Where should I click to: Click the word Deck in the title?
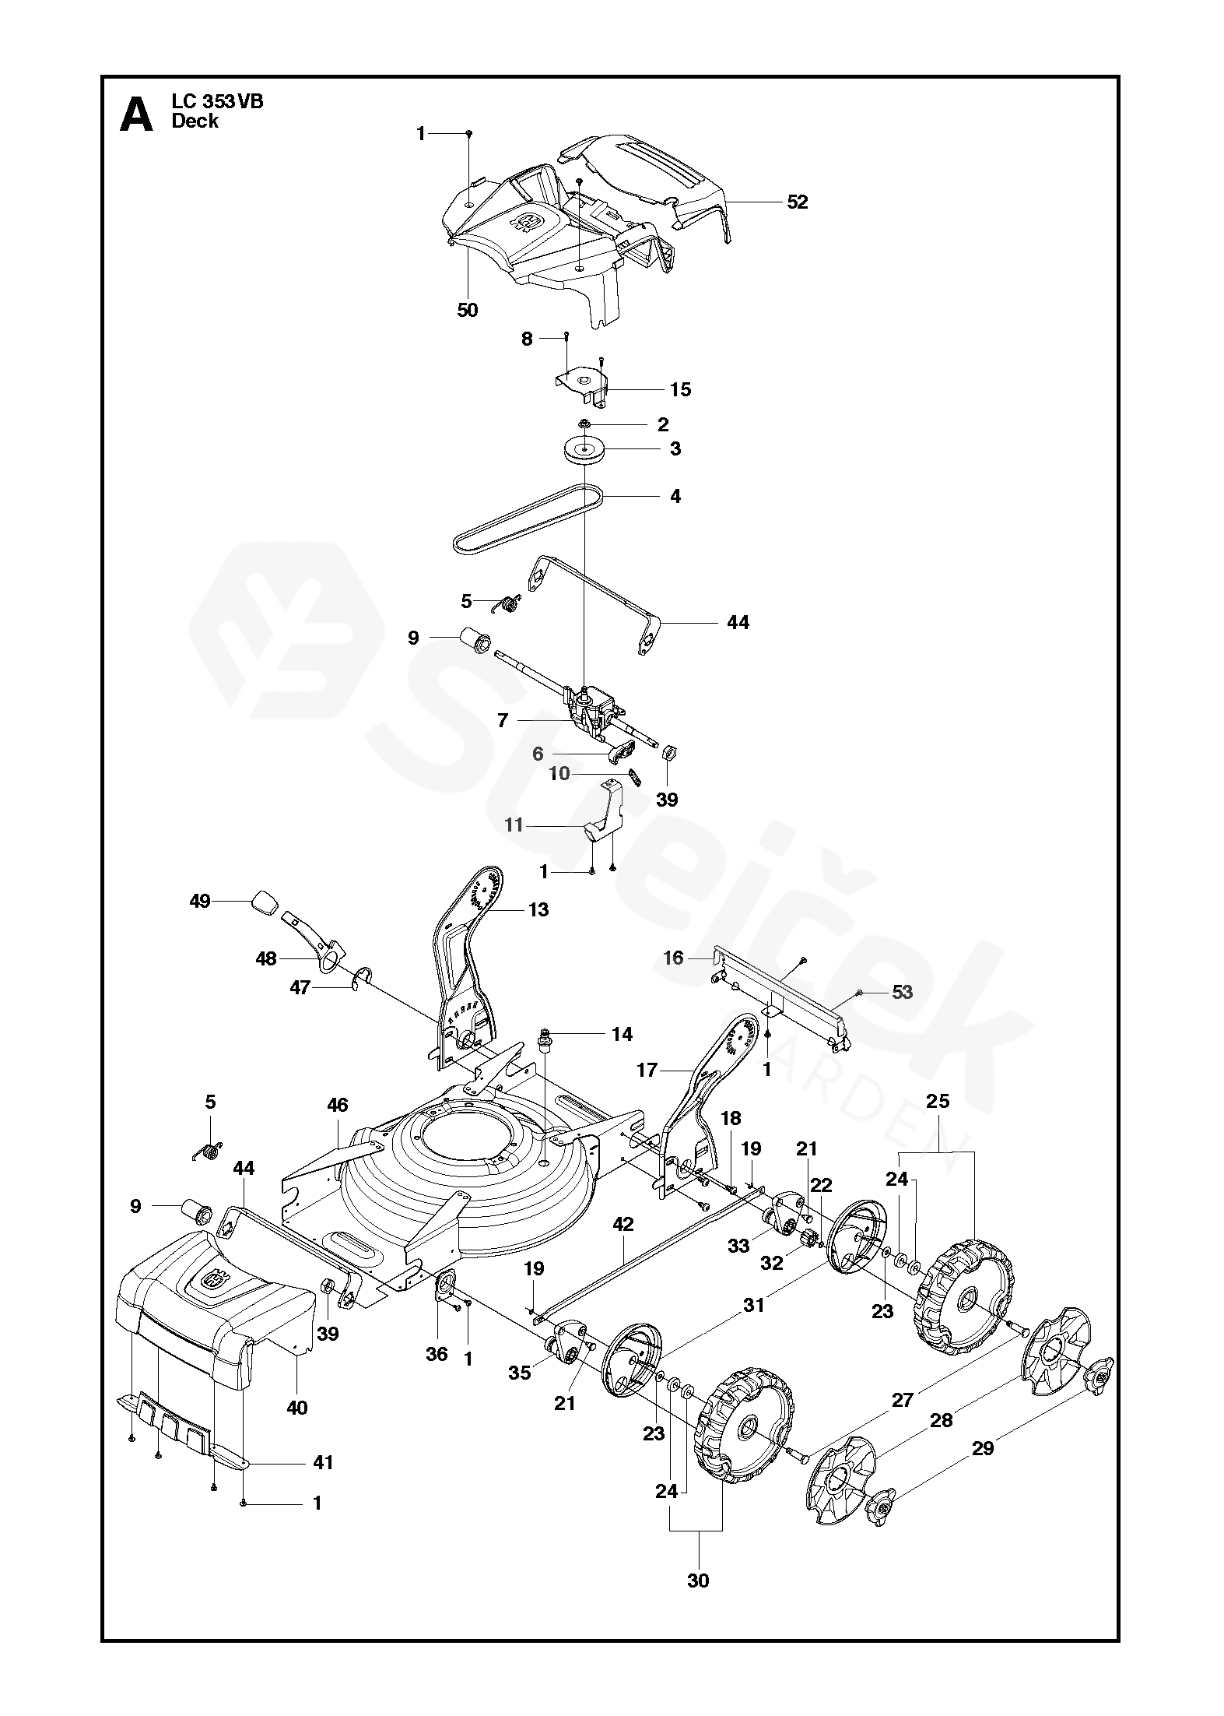pyautogui.click(x=195, y=121)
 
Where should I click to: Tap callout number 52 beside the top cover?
pyautogui.click(x=798, y=202)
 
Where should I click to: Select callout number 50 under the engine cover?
pyautogui.click(x=467, y=310)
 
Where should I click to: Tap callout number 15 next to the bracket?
pyautogui.click(x=680, y=389)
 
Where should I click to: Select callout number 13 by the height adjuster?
pyautogui.click(x=538, y=909)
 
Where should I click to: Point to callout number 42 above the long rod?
pyautogui.click(x=623, y=1225)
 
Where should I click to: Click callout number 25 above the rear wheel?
pyautogui.click(x=938, y=1102)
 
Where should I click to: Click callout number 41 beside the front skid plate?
pyautogui.click(x=322, y=1463)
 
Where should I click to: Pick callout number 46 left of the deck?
pyautogui.click(x=337, y=1105)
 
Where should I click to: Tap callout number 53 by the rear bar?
pyautogui.click(x=902, y=992)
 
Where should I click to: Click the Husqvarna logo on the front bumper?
pyautogui.click(x=213, y=1281)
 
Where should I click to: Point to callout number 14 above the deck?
pyautogui.click(x=622, y=1034)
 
